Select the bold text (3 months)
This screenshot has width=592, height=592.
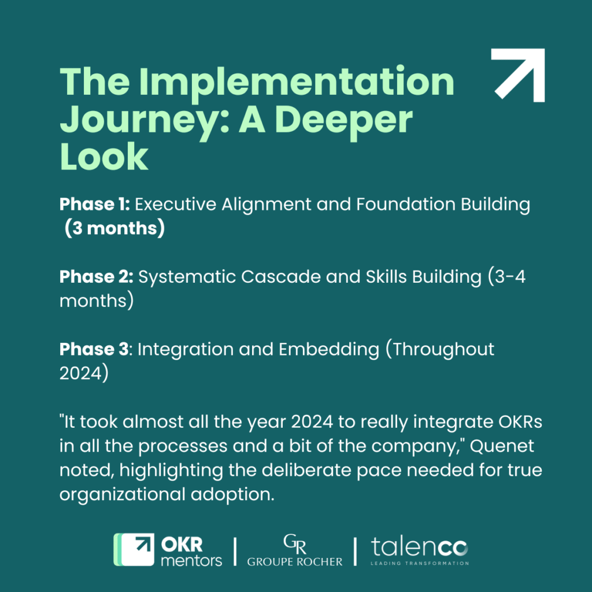[x=114, y=228]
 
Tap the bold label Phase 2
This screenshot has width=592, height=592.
[x=97, y=277]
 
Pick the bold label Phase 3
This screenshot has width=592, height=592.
[x=96, y=349]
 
